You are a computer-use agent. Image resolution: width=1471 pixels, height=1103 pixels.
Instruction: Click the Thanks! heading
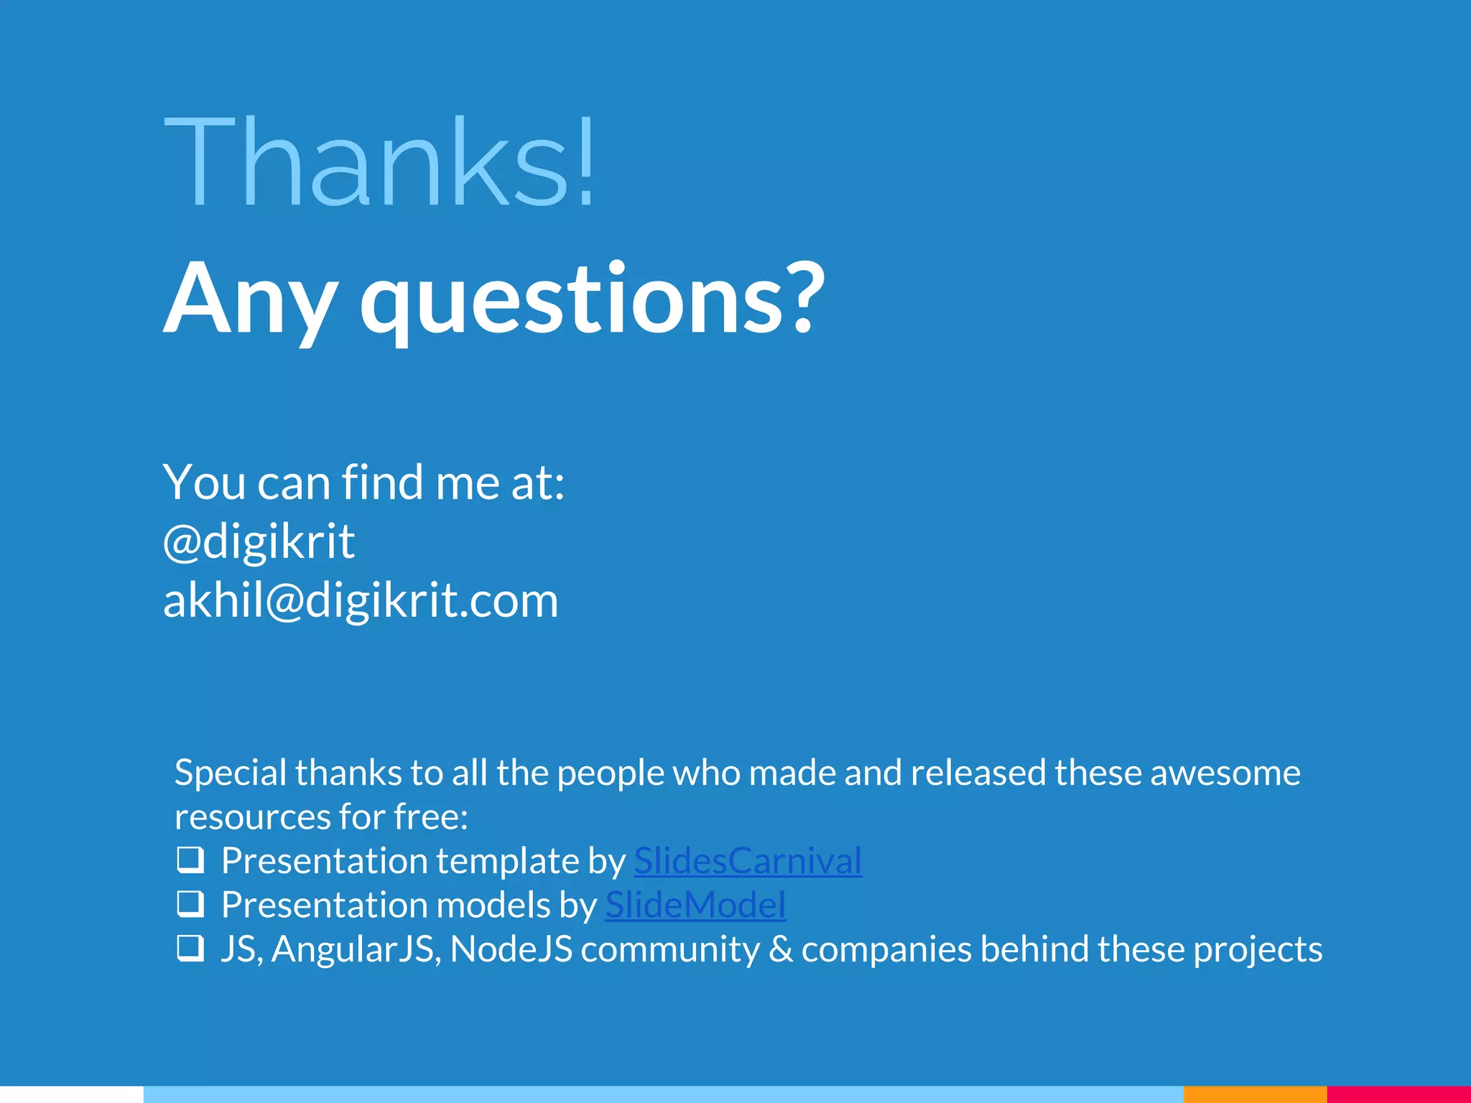coord(381,162)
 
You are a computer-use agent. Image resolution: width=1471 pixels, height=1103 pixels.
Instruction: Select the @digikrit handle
coord(259,541)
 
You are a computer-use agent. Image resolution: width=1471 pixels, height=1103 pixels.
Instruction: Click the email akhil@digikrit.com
coord(361,600)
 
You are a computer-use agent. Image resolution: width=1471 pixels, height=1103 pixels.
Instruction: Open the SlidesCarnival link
coord(748,861)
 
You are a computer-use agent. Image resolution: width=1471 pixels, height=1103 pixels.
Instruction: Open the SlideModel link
coord(695,905)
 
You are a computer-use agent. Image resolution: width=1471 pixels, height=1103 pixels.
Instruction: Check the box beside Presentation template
coord(190,860)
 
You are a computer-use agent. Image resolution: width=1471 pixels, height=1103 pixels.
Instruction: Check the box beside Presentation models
coord(190,904)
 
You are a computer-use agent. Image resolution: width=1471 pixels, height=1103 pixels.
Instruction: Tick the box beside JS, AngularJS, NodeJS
coord(190,948)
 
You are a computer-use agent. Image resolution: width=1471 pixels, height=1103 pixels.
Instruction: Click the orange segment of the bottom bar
coord(1255,1094)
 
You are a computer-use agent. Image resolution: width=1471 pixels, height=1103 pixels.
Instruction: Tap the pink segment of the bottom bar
coord(1398,1094)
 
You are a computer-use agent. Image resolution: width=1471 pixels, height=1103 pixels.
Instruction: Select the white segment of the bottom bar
coord(72,1094)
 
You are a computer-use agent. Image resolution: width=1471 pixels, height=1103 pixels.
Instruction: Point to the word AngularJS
coord(356,949)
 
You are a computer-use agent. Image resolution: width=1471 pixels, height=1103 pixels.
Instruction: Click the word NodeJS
coord(511,949)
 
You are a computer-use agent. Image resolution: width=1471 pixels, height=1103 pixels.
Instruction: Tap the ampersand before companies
coord(781,949)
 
